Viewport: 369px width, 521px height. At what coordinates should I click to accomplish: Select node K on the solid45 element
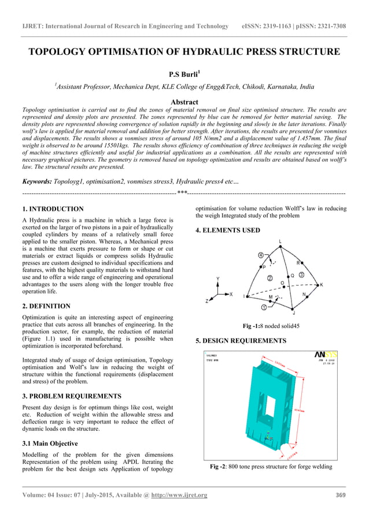[x=322, y=285]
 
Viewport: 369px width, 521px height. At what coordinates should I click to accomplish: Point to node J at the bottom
[x=293, y=312]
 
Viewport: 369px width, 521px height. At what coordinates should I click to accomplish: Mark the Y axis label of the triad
[x=217, y=279]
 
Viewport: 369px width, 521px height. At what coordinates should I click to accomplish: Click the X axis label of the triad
[x=231, y=294]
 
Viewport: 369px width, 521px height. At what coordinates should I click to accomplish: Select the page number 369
[x=341, y=495]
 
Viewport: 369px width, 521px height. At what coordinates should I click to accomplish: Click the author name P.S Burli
[x=184, y=75]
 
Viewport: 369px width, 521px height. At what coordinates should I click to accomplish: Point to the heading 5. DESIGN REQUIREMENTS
[x=241, y=341]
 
